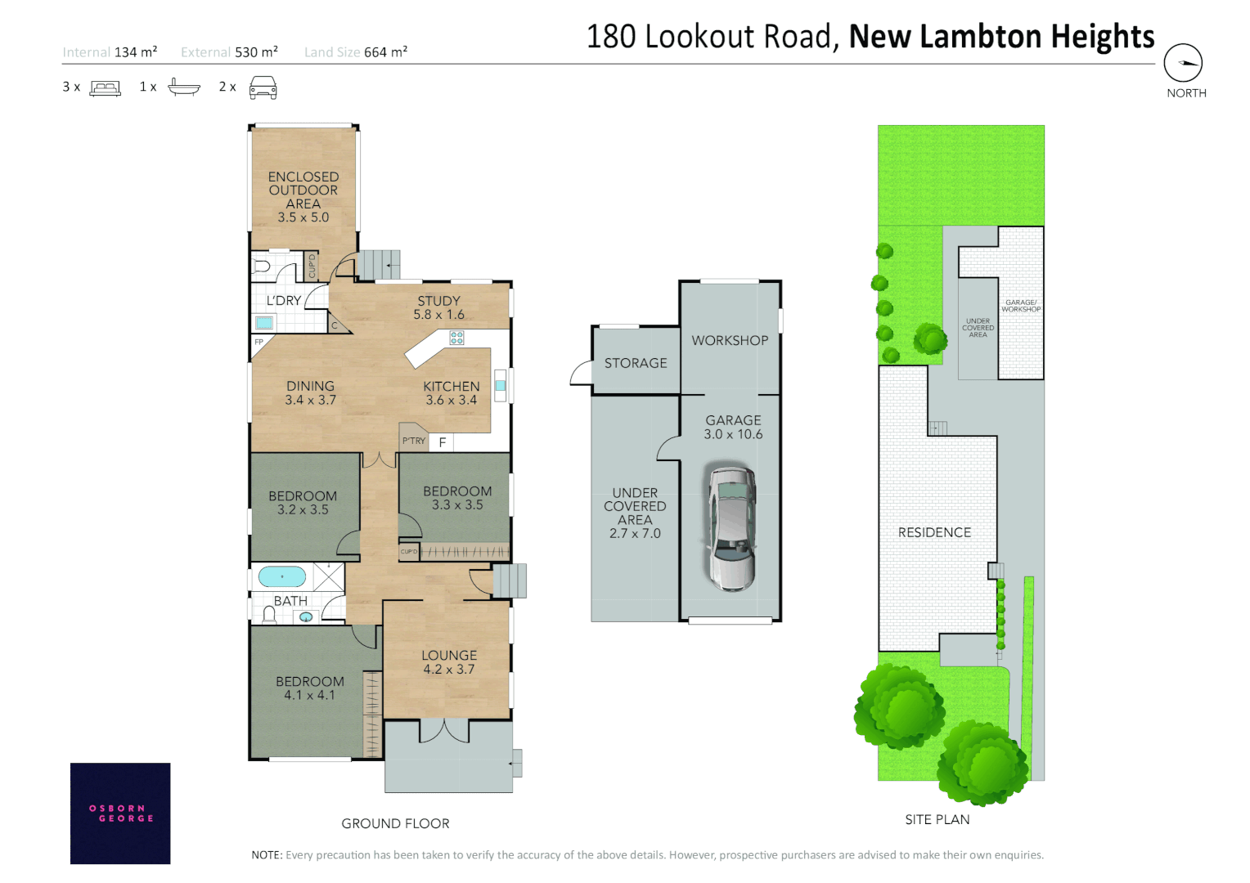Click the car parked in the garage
[x=731, y=528]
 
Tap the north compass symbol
[x=1183, y=63]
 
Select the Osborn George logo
[x=120, y=813]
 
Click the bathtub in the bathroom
[x=282, y=577]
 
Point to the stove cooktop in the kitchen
[x=456, y=337]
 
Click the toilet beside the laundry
[x=262, y=267]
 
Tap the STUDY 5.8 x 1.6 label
[x=438, y=307]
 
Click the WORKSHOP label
[x=730, y=340]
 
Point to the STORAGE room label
[x=636, y=363]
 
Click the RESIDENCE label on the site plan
[x=934, y=532]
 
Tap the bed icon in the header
[x=105, y=87]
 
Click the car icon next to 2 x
[x=263, y=87]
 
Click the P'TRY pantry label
[x=414, y=441]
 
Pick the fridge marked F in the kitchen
[x=443, y=442]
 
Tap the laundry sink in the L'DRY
[x=264, y=323]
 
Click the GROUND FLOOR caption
[x=395, y=823]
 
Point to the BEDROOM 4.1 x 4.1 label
[x=309, y=688]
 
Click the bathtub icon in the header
[x=184, y=87]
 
